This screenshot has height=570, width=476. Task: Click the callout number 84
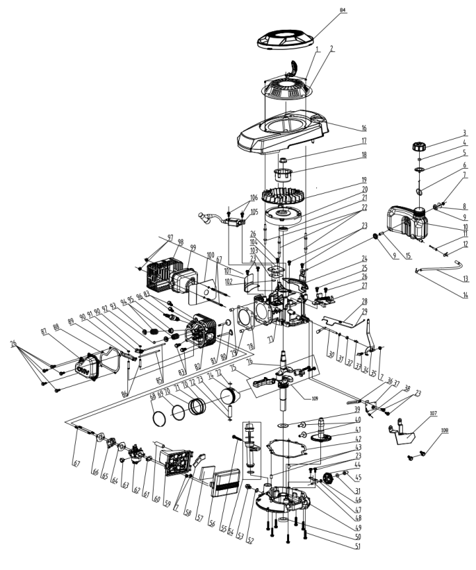[x=342, y=11]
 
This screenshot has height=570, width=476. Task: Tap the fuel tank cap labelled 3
[x=418, y=146]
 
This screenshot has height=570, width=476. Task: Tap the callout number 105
[x=254, y=212]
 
